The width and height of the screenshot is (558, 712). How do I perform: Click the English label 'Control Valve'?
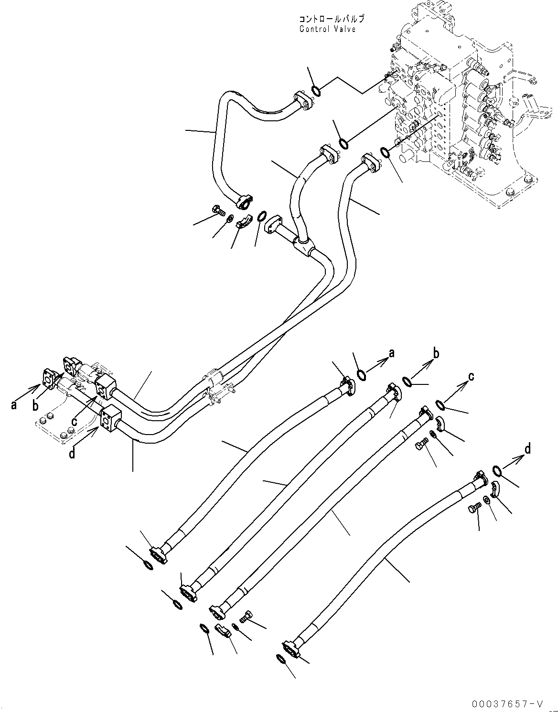(327, 29)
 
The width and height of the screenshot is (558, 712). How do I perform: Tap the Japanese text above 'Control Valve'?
(331, 19)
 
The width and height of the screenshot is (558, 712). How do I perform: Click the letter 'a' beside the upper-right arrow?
(391, 353)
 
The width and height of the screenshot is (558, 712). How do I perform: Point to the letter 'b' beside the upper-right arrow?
(435, 354)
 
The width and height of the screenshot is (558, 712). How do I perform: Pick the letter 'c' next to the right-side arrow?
(471, 377)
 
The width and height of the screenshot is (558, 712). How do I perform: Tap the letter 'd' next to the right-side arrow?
(527, 449)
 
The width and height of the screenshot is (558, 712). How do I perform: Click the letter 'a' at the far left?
(14, 405)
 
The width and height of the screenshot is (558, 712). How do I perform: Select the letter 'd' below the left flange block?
(72, 453)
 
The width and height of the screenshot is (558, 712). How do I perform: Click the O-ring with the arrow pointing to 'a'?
(362, 375)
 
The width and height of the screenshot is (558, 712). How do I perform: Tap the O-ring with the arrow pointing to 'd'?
(496, 472)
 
